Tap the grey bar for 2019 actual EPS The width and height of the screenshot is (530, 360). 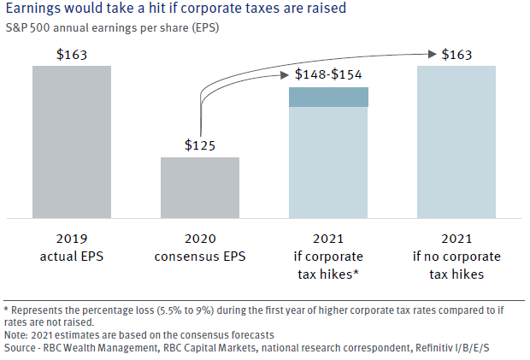coord(72,141)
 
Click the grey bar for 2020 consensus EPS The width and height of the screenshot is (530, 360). coord(200,186)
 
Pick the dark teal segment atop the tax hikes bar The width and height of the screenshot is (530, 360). coord(328,97)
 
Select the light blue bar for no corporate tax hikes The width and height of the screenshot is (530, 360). coord(456,141)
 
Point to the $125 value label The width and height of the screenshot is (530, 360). coord(200,145)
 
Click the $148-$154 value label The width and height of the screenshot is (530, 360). coord(328,74)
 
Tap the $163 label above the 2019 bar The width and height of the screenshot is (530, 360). coord(72,55)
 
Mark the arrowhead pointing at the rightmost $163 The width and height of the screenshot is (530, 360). coord(431,55)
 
